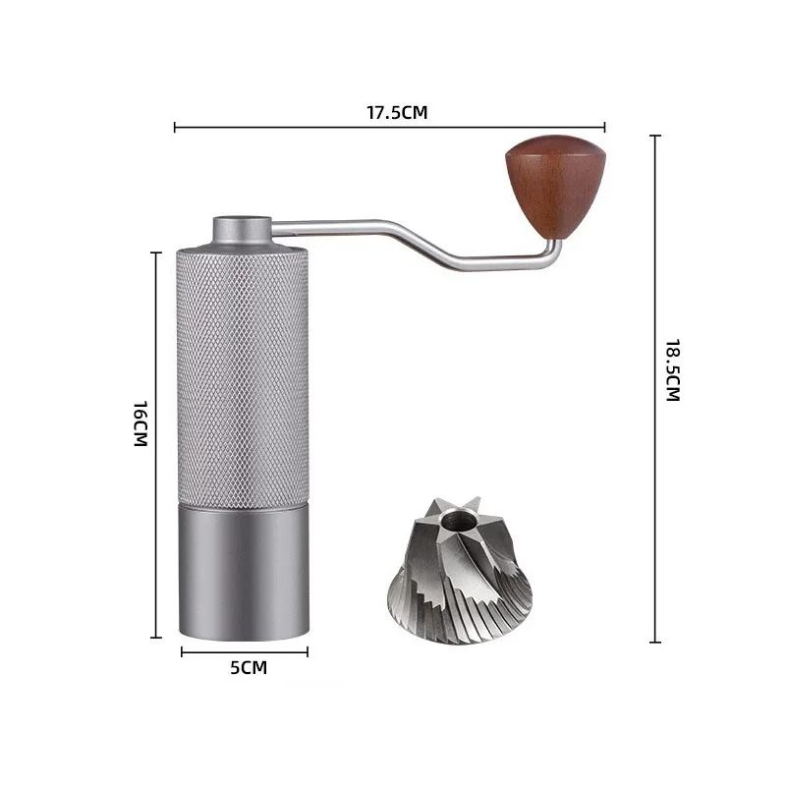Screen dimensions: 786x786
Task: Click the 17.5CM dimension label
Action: coord(397,112)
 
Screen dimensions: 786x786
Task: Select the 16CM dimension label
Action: coord(140,423)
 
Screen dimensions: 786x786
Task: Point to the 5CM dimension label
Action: coord(248,668)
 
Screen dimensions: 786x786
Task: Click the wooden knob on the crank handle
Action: coord(543,184)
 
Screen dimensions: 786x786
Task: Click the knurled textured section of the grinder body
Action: coord(243,373)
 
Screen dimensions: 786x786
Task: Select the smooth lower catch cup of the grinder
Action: coord(243,570)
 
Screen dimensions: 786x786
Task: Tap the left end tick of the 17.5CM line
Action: coord(175,126)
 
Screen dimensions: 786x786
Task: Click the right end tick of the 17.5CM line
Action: coord(604,126)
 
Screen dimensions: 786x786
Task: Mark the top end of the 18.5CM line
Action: coord(655,137)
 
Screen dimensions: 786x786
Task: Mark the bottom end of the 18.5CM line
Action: coord(655,642)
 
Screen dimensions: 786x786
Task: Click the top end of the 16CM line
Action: coord(156,253)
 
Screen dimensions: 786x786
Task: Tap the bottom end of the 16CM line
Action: coord(156,637)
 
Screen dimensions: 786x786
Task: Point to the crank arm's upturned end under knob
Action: coord(555,252)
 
